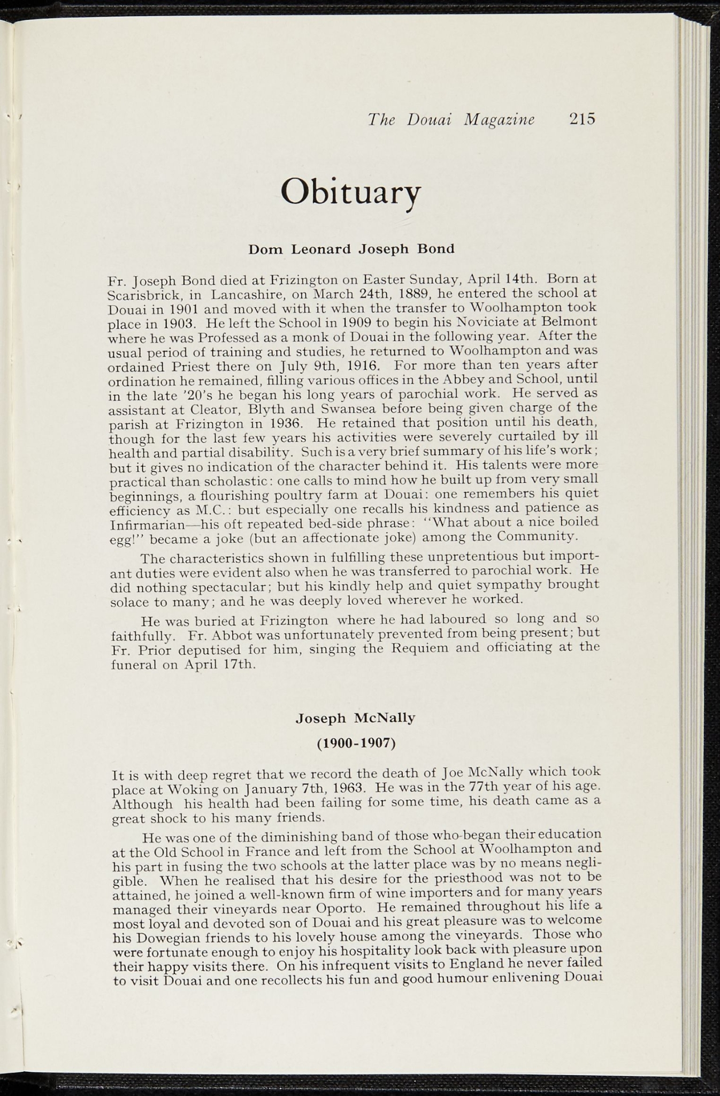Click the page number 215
pyautogui.click(x=582, y=119)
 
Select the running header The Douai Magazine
pyautogui.click(x=451, y=119)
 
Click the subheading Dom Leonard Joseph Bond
pyautogui.click(x=351, y=249)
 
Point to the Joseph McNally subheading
pyautogui.click(x=355, y=718)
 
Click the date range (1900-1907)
pyautogui.click(x=356, y=743)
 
